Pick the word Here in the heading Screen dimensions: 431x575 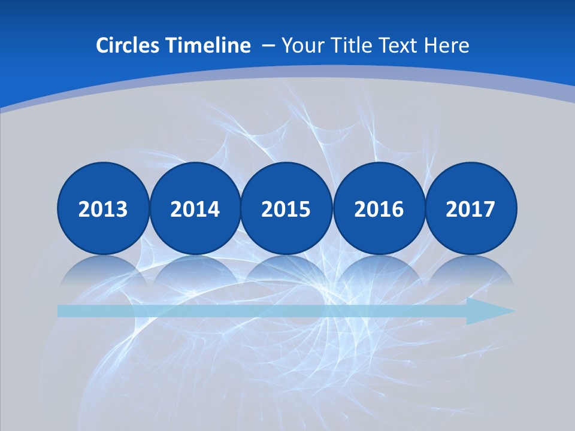click(447, 45)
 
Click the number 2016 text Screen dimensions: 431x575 click(379, 210)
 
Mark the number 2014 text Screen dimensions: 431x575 click(195, 210)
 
